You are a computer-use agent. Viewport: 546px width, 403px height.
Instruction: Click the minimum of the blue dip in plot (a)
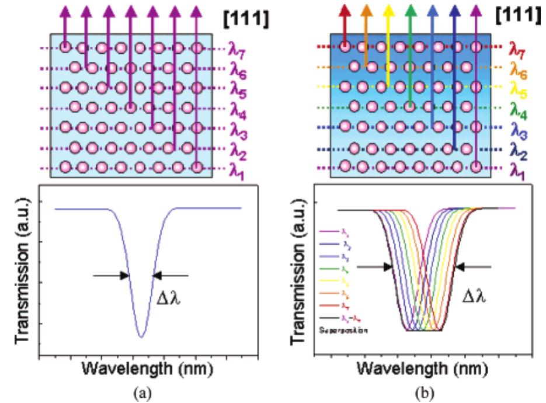140,337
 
